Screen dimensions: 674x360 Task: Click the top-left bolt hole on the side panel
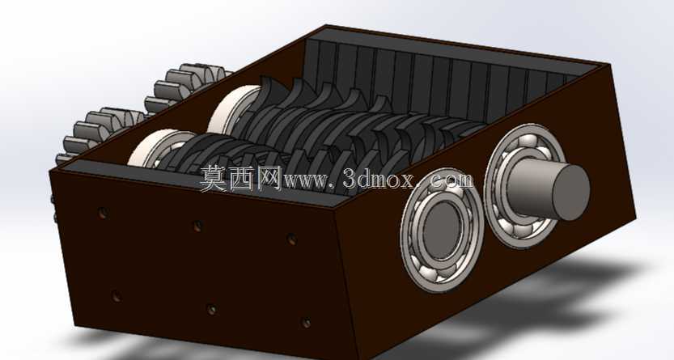[x=103, y=213]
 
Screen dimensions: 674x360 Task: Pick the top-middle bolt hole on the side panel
[x=197, y=226]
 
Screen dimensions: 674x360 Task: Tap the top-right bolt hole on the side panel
[x=292, y=239]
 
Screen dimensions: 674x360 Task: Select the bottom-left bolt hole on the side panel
[x=116, y=295]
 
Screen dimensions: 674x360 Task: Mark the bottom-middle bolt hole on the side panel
[x=211, y=309]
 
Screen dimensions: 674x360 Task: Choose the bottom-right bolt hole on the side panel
[x=306, y=323]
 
